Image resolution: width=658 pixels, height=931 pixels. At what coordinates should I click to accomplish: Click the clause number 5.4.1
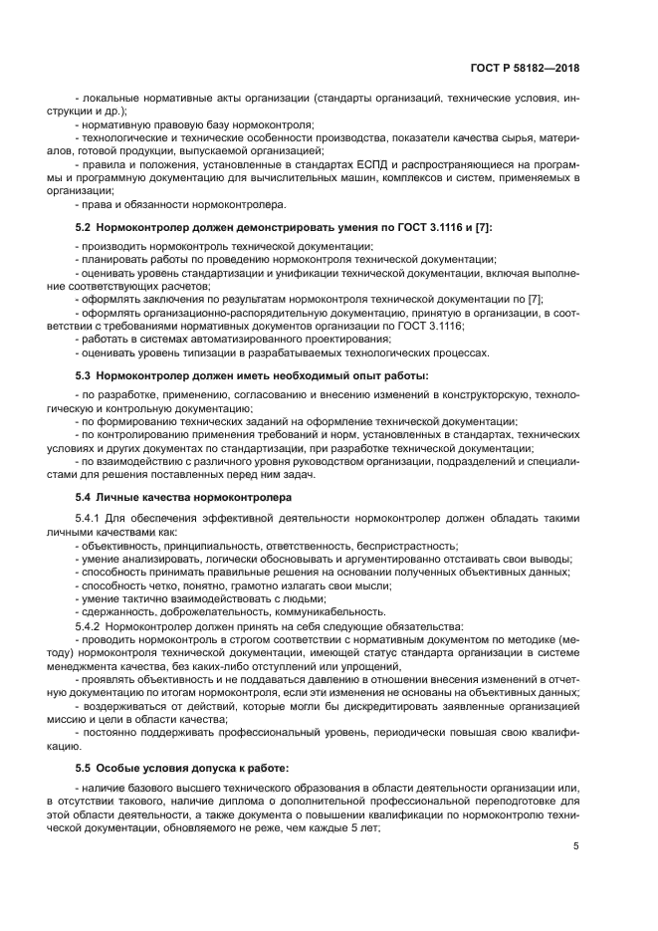[x=90, y=519]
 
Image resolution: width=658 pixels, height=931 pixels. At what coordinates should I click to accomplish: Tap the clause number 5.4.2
[x=90, y=626]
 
